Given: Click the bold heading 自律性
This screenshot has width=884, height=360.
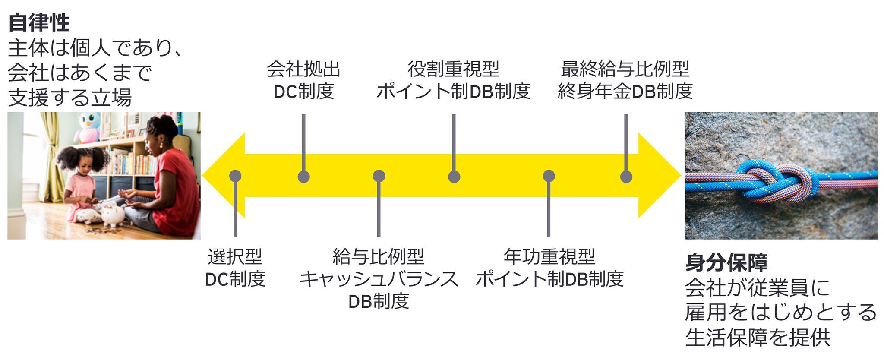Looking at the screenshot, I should [x=39, y=22].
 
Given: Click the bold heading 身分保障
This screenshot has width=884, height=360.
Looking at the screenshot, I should [x=726, y=262].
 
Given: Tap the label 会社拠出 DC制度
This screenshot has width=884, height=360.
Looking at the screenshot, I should [x=304, y=80].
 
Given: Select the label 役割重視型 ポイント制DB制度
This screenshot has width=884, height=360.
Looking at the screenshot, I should [x=453, y=80].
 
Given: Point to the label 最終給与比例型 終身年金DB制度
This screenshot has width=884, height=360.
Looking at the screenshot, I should [x=625, y=80].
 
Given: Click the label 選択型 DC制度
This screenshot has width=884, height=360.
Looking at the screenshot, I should [x=235, y=268].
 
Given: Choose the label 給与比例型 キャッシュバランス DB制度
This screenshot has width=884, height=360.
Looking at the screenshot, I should [x=379, y=279].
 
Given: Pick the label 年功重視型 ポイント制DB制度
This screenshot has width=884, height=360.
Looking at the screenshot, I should [x=549, y=268].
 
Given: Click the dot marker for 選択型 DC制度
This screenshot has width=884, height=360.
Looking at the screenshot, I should [x=235, y=176].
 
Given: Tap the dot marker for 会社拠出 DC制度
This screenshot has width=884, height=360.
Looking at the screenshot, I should [x=304, y=177].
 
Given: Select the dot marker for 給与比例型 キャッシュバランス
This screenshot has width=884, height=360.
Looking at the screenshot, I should [x=379, y=176].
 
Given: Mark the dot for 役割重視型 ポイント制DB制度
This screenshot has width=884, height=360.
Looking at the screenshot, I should [x=454, y=177].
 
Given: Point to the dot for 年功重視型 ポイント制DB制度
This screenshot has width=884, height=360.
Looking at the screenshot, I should [x=549, y=176].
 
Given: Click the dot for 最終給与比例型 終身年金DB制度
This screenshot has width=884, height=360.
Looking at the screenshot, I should [x=626, y=177].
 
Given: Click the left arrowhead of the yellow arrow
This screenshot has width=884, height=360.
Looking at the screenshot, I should [x=222, y=176].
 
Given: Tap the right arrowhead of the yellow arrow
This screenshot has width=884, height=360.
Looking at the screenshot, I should [x=660, y=176].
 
